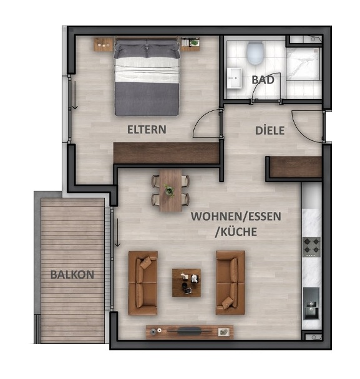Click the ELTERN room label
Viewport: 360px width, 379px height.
[x=147, y=130]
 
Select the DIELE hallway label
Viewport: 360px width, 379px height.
[x=270, y=131]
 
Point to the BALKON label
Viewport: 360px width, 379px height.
[x=72, y=274]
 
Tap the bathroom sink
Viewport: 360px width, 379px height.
[x=235, y=79]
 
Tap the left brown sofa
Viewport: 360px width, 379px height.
[x=143, y=282]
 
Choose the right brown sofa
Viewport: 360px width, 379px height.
[x=230, y=282]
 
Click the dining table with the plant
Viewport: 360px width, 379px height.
[x=170, y=189]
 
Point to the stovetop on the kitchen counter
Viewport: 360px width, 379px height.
[x=311, y=247]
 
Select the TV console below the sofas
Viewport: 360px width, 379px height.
[x=189, y=331]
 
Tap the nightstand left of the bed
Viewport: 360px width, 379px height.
[x=104, y=44]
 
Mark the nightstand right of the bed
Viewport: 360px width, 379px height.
[x=190, y=44]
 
